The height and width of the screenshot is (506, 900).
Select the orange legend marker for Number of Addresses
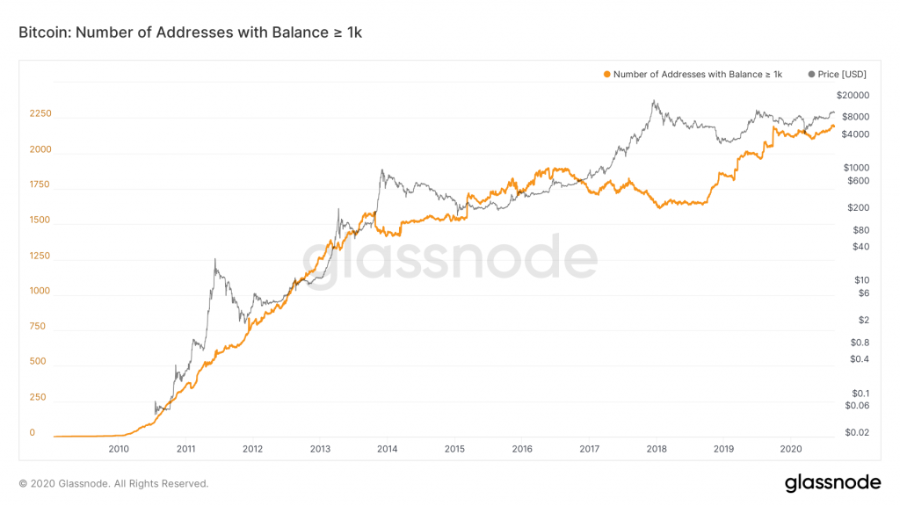point(606,75)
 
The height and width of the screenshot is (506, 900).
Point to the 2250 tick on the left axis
point(40,114)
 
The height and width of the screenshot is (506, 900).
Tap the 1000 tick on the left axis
point(40,291)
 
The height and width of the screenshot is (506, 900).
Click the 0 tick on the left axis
point(32,432)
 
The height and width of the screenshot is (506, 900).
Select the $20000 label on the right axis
point(853,95)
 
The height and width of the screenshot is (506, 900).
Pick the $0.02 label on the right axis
point(857,432)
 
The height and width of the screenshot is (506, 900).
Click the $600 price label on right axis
point(859,181)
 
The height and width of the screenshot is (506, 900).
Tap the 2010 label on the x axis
point(119,449)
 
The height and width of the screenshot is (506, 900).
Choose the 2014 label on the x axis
point(388,449)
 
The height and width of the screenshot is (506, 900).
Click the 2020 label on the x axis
point(791,449)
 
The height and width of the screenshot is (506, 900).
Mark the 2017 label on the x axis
point(590,449)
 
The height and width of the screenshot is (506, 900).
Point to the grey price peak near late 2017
point(653,101)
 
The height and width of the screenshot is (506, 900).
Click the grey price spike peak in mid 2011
point(214,260)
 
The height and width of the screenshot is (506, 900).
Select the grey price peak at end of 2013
point(381,170)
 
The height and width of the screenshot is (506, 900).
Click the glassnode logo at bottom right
point(831,482)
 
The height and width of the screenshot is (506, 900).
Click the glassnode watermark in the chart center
point(450,256)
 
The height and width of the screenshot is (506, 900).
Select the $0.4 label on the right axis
point(859,358)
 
